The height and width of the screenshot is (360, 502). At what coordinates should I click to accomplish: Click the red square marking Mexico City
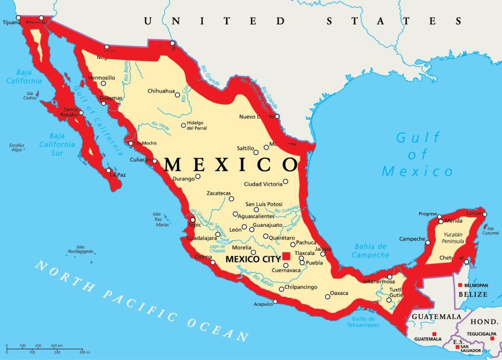286,256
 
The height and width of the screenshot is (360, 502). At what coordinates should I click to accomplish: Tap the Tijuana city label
11,23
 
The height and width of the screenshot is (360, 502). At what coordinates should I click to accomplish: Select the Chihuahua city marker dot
177,94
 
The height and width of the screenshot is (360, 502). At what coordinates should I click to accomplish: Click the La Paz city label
118,175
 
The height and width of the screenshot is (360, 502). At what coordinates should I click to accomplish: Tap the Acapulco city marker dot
275,301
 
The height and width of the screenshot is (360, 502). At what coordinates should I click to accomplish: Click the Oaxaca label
339,293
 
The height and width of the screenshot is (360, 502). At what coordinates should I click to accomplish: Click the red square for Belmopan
460,285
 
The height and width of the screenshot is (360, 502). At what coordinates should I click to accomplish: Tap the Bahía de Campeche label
370,251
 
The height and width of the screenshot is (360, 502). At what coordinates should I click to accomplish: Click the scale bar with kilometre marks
44,349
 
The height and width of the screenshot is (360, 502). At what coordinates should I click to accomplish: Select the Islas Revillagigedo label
80,249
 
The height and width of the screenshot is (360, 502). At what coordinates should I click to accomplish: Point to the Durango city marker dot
198,177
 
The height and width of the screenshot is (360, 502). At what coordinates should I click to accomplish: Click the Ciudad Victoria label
263,184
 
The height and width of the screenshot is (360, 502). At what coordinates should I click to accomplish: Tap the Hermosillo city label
101,78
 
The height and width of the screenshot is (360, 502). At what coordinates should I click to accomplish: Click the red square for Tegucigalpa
492,338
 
